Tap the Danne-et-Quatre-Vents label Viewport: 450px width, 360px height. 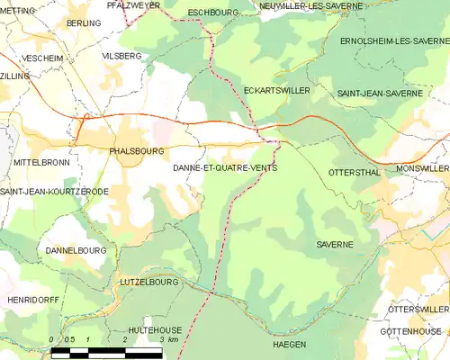(224, 168)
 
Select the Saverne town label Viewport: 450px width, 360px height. (335, 244)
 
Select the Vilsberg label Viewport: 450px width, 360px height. (123, 55)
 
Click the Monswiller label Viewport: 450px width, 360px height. (421, 168)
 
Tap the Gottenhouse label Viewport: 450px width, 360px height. (414, 331)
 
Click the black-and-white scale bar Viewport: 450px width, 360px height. (108, 352)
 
